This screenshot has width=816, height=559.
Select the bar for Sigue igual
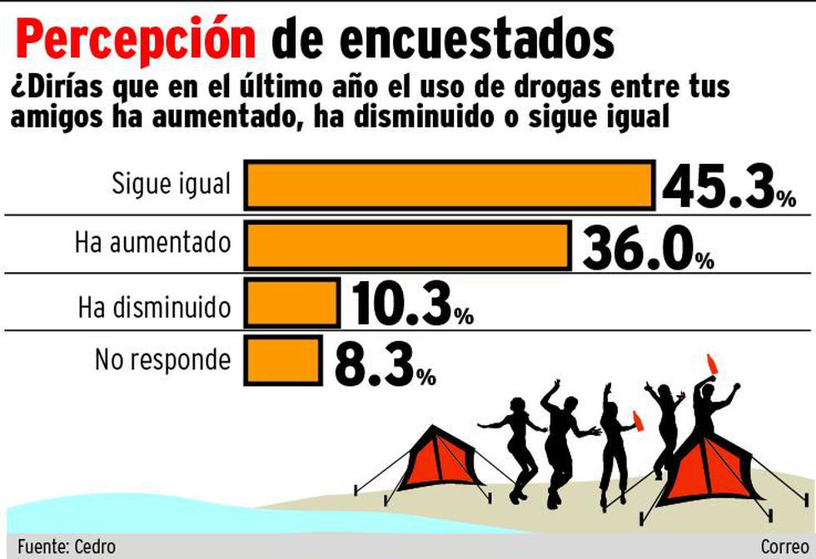[449, 185]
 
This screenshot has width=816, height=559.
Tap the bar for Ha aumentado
[407, 246]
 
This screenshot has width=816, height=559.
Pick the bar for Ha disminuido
[291, 303]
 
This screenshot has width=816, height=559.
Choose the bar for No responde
[283, 360]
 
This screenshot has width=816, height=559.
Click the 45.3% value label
[729, 186]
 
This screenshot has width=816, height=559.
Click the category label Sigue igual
[171, 184]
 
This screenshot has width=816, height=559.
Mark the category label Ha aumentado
[152, 243]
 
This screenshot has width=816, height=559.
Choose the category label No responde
[162, 360]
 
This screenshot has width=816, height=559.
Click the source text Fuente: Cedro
[66, 547]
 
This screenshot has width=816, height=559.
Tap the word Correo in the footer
[784, 547]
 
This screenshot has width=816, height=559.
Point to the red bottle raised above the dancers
[713, 364]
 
